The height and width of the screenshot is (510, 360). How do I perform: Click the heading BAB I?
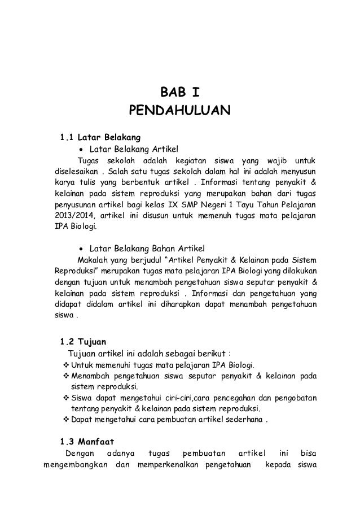179,92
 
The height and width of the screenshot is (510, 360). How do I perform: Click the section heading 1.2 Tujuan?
79,342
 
